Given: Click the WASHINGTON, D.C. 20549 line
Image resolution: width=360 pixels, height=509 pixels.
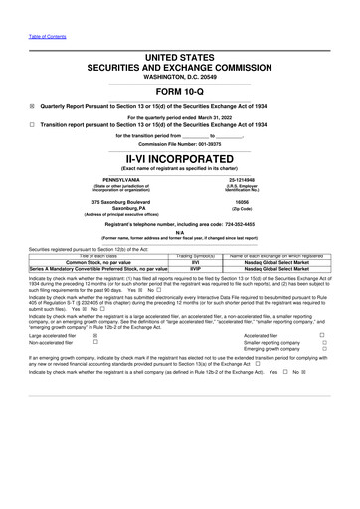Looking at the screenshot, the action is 180,76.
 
